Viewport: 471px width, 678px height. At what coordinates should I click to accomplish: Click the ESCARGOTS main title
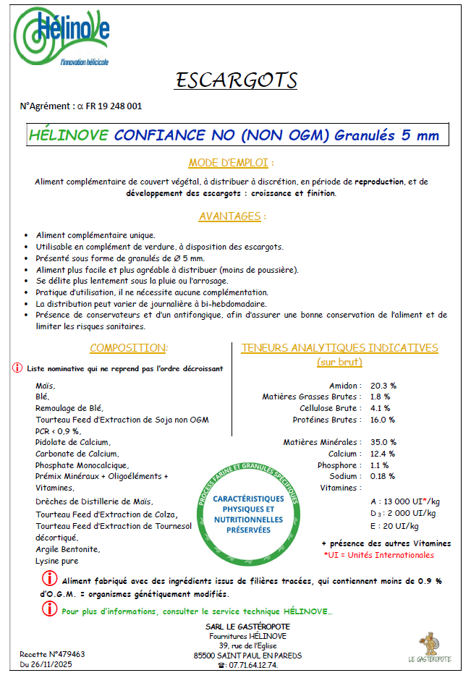coord(236,79)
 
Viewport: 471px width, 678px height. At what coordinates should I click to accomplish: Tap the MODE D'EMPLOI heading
coord(232,162)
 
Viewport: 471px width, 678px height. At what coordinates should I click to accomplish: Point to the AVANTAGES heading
coord(232,216)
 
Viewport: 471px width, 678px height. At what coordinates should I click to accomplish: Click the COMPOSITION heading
coord(129,348)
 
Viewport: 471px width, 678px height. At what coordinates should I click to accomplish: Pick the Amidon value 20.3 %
coord(383,386)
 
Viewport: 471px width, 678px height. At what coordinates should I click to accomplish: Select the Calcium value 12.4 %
coord(383,454)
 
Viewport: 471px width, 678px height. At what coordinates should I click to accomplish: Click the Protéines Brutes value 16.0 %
coord(383,420)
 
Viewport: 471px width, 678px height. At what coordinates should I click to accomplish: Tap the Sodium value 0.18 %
coord(383,476)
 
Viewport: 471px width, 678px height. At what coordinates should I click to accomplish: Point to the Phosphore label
coord(337,465)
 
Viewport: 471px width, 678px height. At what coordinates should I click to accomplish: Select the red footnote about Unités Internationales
coord(378,555)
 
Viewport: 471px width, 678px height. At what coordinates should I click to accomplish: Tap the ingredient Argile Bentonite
coord(68,549)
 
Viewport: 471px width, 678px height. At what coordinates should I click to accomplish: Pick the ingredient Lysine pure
coord(56,561)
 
